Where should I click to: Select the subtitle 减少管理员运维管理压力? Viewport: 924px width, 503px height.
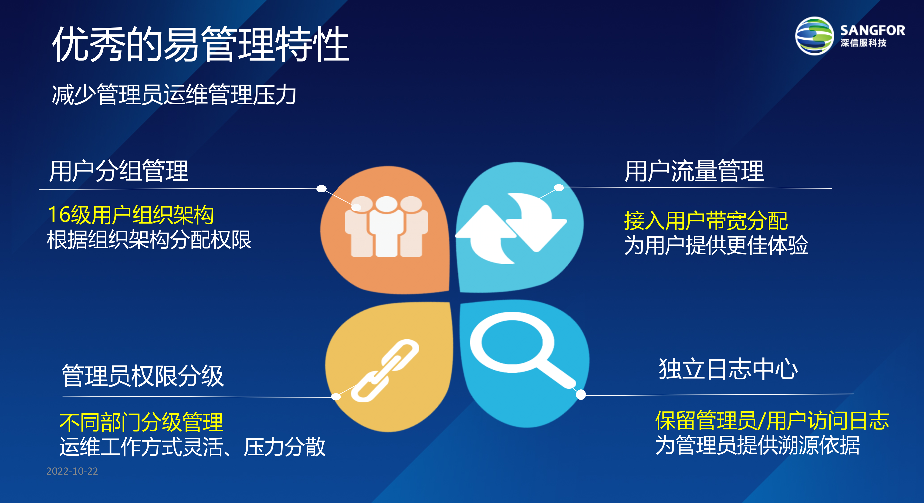point(174,95)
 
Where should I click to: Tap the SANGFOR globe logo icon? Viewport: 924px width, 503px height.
point(814,36)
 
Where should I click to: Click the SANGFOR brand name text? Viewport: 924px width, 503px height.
point(872,31)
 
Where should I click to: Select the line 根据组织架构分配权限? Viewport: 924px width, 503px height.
point(149,240)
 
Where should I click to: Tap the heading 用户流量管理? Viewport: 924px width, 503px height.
point(694,171)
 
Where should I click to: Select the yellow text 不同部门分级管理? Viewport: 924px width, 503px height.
point(141,422)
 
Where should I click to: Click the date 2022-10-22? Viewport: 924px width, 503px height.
point(72,471)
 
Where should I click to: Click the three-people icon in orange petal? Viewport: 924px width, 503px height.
point(386,226)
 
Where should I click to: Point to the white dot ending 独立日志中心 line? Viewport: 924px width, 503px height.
point(581,395)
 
